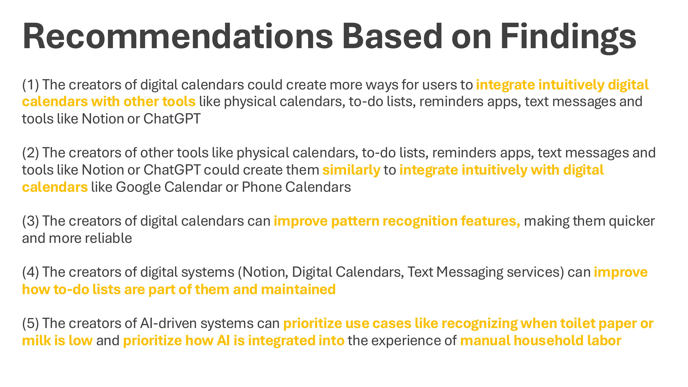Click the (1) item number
(30, 85)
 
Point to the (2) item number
(30, 153)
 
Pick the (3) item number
(30, 221)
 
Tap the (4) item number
(30, 272)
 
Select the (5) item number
(30, 323)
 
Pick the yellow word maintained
(298, 289)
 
